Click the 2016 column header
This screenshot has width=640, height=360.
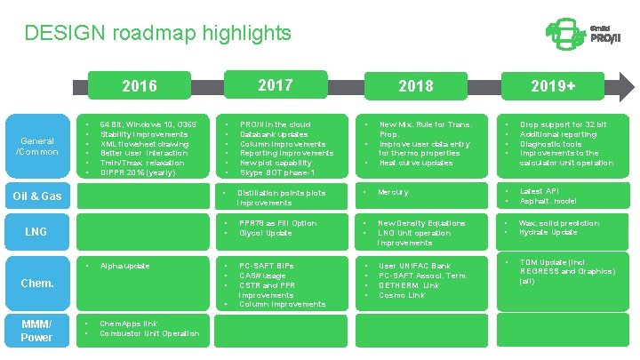coord(139,85)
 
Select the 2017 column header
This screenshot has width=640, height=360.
coord(275,84)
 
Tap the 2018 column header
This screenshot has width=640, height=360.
coord(416,85)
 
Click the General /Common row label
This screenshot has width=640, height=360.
coord(36,146)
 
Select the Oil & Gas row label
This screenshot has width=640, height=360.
coord(37,196)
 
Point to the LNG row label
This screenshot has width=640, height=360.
coord(36,232)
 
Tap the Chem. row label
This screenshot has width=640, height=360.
coord(36,284)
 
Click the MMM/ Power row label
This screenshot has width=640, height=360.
coord(36,330)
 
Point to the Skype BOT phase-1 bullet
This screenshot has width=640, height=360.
coord(277,172)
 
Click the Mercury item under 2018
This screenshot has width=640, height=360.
coord(394,192)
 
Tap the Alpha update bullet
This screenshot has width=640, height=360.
coord(125,266)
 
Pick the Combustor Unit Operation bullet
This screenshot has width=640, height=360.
coord(149,333)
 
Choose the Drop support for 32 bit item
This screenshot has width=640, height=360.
coord(563,124)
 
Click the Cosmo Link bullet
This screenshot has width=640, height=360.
coord(402,295)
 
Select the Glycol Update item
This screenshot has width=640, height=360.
coord(265,233)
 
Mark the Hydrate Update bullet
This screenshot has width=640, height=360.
coord(548,233)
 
